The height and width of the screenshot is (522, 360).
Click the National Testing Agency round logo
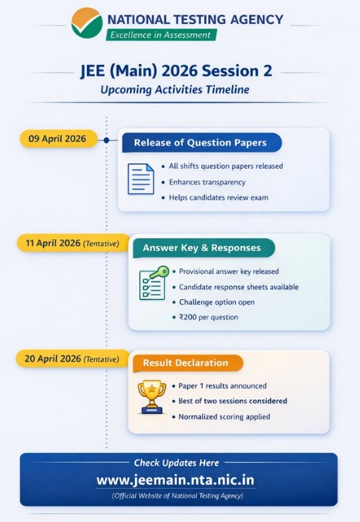[x=86, y=23]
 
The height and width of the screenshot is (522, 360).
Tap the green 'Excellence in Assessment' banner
[x=161, y=35]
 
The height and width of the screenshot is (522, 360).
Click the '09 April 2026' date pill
[x=58, y=139]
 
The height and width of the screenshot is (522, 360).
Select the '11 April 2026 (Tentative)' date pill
[x=72, y=243]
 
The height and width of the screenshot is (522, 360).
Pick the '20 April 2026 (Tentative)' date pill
[x=72, y=359]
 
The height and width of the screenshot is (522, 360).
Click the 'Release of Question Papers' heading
[x=200, y=143]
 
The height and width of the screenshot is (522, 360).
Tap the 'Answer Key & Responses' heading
[x=202, y=248]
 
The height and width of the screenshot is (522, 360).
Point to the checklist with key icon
[x=153, y=283]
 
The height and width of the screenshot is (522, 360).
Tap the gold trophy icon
[x=151, y=396]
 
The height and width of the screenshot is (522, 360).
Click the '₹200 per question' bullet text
[x=209, y=317]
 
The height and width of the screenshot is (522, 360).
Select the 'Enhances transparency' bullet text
[x=207, y=182]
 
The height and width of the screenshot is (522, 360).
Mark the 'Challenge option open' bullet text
[x=217, y=301]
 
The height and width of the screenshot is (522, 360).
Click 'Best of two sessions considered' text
[x=233, y=401]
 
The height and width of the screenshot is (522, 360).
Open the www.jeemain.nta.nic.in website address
[x=175, y=480]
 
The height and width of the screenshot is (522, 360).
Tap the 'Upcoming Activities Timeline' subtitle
[x=175, y=90]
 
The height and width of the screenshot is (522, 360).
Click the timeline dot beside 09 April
[x=106, y=140]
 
